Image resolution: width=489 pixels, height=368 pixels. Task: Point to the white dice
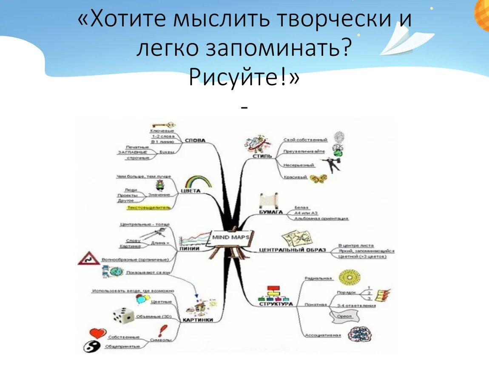[123, 315]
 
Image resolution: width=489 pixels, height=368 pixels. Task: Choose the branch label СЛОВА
[195, 141]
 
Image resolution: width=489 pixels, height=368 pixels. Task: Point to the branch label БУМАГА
[271, 211]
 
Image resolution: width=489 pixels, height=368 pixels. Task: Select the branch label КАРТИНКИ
[198, 320]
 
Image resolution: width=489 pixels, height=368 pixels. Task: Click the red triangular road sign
[89, 258]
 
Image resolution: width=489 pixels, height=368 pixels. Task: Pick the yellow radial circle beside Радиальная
[350, 278]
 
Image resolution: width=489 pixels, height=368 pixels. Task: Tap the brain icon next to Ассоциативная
[357, 335]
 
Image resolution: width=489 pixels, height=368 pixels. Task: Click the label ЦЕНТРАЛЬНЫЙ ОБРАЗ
[292, 250]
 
